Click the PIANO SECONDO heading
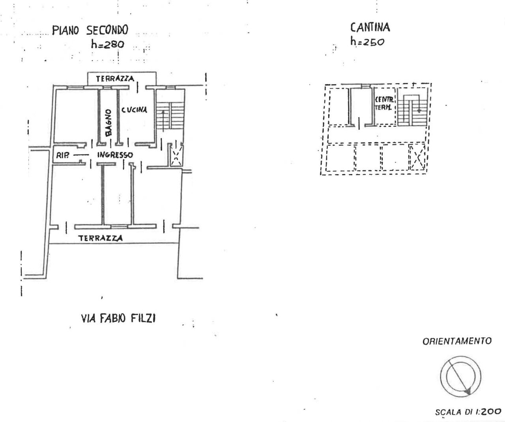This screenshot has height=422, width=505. point(90,30)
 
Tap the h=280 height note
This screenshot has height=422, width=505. point(108,44)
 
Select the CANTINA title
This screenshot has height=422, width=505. point(370,28)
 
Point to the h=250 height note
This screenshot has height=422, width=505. point(367,42)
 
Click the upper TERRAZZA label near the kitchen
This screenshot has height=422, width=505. point(115,79)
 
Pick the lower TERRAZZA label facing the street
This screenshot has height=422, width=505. point(101,238)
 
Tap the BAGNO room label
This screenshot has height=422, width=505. point(108,123)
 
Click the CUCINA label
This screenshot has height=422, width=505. point(134,110)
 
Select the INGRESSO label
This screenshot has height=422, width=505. point(115,155)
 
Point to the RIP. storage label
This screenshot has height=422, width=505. point(62,156)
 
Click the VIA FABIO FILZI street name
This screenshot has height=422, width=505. point(118,319)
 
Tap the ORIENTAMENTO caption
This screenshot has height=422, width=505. point(457,341)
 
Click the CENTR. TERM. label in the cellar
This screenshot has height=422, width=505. point(384,103)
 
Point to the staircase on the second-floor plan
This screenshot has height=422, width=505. point(171,116)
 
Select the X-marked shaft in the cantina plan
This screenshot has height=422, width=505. point(417,157)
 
